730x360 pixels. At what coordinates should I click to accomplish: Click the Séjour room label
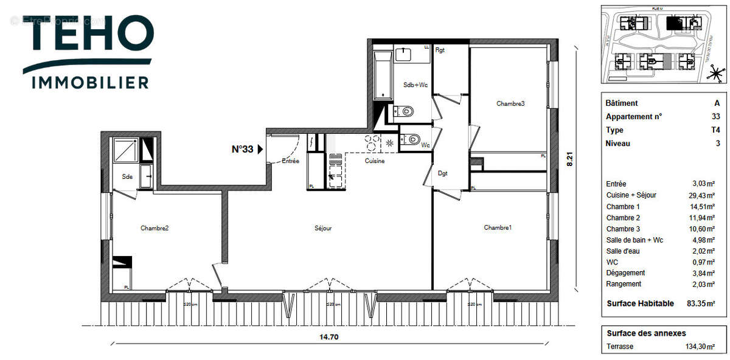(323, 229)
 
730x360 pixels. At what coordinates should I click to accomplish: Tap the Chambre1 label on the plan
(498, 227)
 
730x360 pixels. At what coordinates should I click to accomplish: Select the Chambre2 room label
(154, 229)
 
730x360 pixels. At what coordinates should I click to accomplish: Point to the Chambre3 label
(510, 103)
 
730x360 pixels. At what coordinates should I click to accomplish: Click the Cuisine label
(374, 161)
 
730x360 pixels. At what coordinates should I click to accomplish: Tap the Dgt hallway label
(443, 173)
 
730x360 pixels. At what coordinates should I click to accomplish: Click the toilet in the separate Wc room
(413, 139)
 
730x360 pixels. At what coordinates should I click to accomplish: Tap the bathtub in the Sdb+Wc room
(383, 76)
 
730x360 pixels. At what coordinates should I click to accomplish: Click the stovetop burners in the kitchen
(372, 143)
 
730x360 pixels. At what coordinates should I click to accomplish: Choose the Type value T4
(715, 130)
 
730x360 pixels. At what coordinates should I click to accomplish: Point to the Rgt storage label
(440, 50)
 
